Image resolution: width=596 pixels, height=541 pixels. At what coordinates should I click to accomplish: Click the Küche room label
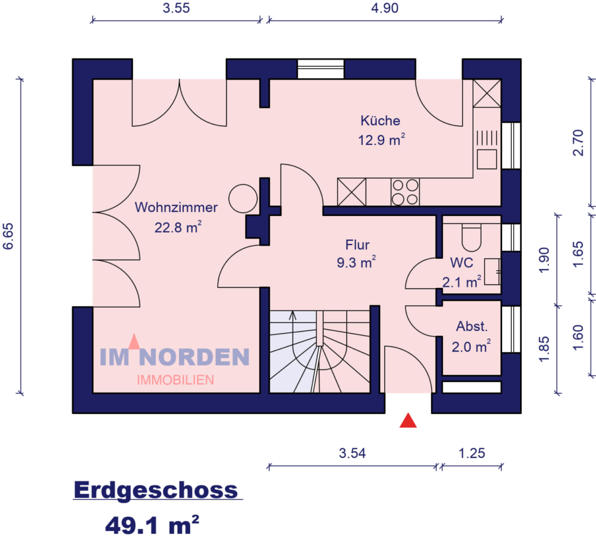pyautogui.click(x=380, y=121)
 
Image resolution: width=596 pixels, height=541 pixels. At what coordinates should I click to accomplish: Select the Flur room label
pyautogui.click(x=357, y=244)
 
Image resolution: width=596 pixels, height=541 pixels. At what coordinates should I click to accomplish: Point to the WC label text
pyautogui.click(x=462, y=263)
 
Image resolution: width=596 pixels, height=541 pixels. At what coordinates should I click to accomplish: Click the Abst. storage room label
pyautogui.click(x=472, y=326)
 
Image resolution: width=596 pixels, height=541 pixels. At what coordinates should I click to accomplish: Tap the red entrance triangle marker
pyautogui.click(x=409, y=420)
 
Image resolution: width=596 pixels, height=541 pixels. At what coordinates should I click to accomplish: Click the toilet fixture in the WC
pyautogui.click(x=471, y=234)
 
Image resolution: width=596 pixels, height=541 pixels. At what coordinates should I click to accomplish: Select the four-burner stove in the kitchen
pyautogui.click(x=405, y=192)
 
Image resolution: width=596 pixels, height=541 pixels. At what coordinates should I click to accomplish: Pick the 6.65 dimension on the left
pyautogui.click(x=9, y=236)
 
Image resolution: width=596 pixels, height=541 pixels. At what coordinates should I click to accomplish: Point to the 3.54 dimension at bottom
pyautogui.click(x=352, y=454)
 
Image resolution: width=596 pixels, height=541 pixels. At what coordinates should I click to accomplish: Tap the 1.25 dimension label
pyautogui.click(x=472, y=454)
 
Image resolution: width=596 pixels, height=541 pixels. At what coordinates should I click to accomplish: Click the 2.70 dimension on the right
pyautogui.click(x=577, y=142)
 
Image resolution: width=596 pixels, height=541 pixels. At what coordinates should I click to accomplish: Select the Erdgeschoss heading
pyautogui.click(x=156, y=490)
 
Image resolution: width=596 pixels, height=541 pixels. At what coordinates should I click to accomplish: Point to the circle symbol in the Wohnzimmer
pyautogui.click(x=242, y=197)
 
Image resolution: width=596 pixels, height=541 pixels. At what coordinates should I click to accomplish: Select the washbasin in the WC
pyautogui.click(x=492, y=271)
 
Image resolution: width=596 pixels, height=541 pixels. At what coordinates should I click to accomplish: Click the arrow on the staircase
pyautogui.click(x=293, y=316)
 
